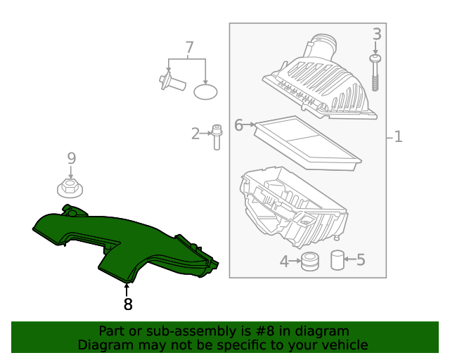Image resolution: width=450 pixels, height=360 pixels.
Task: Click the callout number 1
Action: coord(398,136)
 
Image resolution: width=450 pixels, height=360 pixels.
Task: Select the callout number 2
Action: coord(195,133)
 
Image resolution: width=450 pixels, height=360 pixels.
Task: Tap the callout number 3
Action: coord(377,34)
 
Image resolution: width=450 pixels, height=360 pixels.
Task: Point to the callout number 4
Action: coord(284,262)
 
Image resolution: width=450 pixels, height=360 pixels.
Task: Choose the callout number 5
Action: coord(361,260)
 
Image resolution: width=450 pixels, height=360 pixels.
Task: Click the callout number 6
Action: coord(238,125)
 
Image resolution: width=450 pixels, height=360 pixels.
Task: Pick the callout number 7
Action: coord(189,48)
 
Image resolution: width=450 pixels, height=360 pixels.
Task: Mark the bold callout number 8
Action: coord(127,304)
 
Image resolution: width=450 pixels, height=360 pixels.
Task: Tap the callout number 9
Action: coord(71,158)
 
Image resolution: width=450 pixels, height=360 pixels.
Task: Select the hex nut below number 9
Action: coord(70,188)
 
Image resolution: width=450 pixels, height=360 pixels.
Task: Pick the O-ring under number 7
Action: coord(206,91)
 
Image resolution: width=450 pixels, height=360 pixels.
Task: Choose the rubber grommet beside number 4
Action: coord(309,262)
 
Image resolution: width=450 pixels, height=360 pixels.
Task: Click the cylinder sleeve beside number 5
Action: coord(338,260)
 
